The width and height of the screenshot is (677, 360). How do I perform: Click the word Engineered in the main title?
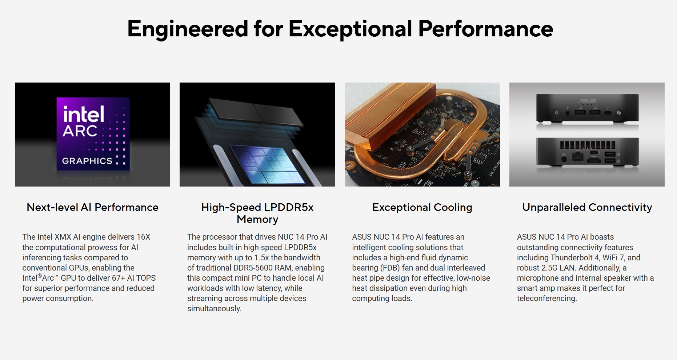tap(187, 29)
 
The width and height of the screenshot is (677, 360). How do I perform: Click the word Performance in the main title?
tap(485, 29)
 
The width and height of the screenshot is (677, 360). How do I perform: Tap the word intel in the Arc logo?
tap(84, 114)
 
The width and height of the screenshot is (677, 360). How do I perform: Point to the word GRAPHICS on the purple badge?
tap(87, 161)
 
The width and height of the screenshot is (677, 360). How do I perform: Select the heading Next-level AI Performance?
tap(92, 207)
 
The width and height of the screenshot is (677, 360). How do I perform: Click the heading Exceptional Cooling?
tap(422, 207)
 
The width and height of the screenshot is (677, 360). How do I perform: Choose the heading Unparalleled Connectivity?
tap(587, 207)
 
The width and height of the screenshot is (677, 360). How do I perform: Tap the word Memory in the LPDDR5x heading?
tap(257, 219)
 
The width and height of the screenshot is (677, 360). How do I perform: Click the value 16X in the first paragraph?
tap(143, 237)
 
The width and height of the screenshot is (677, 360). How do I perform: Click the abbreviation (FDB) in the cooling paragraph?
tap(390, 268)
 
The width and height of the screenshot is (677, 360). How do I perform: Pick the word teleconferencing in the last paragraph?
tap(547, 299)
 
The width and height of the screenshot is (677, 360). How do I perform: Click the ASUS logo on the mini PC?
tap(587, 101)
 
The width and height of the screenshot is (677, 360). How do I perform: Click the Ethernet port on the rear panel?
tap(578, 157)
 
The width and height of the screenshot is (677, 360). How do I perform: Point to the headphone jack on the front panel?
tap(568, 113)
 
